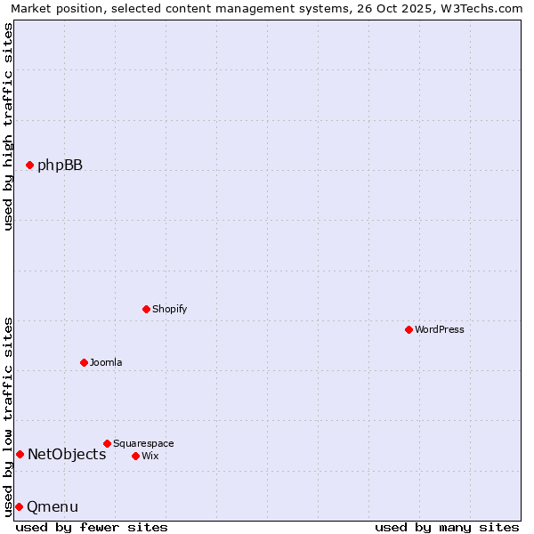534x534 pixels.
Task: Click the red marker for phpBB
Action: point(29,165)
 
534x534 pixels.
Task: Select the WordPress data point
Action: point(409,329)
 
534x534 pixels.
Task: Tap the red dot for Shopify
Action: point(146,309)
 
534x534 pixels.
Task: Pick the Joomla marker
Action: point(84,362)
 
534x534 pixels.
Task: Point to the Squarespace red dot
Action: point(107,443)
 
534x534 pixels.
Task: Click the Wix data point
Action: point(135,456)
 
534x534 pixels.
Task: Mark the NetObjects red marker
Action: point(20,454)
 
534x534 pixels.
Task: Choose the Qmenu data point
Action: point(19,506)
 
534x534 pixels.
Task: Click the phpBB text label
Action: point(60,165)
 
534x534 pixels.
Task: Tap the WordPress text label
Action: point(440,329)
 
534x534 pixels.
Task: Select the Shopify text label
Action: point(169,309)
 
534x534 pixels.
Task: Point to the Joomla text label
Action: point(106,362)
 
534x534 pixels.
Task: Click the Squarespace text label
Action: point(143,443)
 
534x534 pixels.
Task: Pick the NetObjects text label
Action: point(67,454)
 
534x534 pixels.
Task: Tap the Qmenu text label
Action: point(53,506)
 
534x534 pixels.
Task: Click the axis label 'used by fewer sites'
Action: point(92,527)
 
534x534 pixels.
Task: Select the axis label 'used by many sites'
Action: point(447,527)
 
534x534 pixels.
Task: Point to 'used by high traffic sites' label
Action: point(8,126)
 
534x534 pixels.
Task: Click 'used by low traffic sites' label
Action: point(8,416)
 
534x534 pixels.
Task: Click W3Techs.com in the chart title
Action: point(481,8)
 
